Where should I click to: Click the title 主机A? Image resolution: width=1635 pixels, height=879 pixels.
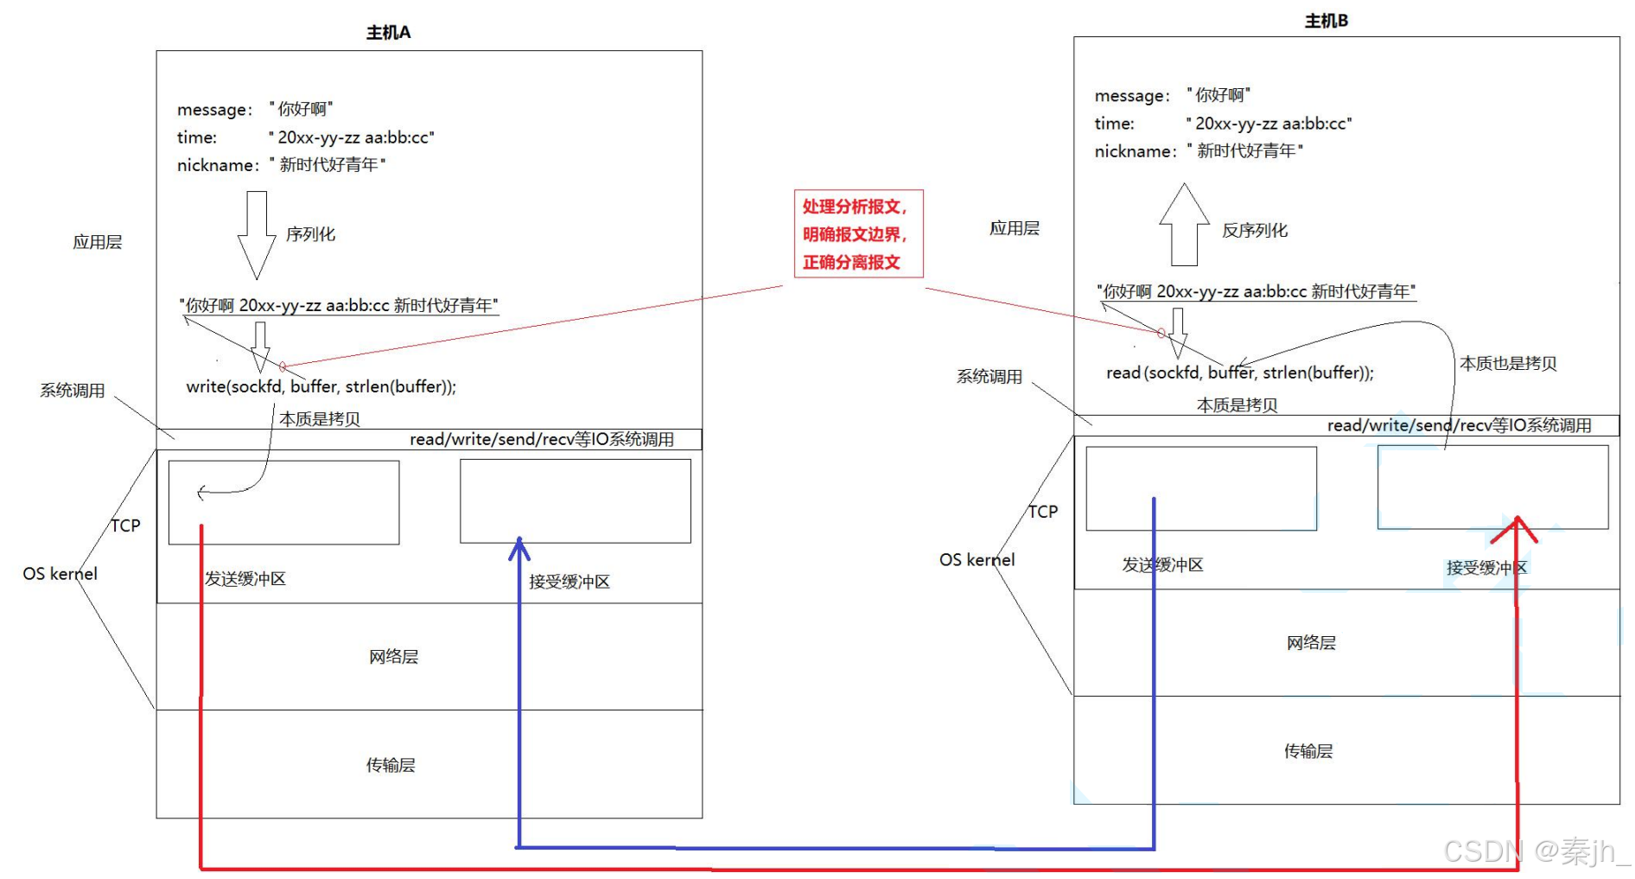point(388,33)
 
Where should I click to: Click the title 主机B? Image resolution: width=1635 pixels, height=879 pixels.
point(1326,21)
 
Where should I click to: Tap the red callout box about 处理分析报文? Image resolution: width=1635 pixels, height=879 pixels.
point(858,233)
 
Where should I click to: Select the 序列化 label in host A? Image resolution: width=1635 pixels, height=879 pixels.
point(310,234)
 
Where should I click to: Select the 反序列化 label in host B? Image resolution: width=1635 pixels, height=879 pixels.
point(1254,231)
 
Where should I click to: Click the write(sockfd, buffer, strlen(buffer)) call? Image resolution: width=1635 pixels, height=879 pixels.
point(321,386)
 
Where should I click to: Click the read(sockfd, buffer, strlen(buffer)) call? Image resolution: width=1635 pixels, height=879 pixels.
point(1239,373)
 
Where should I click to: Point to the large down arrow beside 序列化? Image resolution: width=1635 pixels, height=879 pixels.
point(256,233)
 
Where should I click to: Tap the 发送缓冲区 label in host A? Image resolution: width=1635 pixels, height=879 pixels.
point(245,578)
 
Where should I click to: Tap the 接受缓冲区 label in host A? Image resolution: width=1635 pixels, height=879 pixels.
point(569,582)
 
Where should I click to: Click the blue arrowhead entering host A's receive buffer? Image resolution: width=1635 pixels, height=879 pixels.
point(518,547)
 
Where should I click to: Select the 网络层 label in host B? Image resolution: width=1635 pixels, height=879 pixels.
point(1311,642)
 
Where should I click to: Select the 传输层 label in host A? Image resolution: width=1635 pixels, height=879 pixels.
point(391,765)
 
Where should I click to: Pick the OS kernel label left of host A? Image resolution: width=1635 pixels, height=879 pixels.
point(60,574)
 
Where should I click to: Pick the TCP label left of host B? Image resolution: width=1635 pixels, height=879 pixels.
point(1042,512)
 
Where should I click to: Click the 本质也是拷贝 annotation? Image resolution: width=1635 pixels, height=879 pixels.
point(1508,364)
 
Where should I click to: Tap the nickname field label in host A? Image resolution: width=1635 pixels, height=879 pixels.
point(217,165)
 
